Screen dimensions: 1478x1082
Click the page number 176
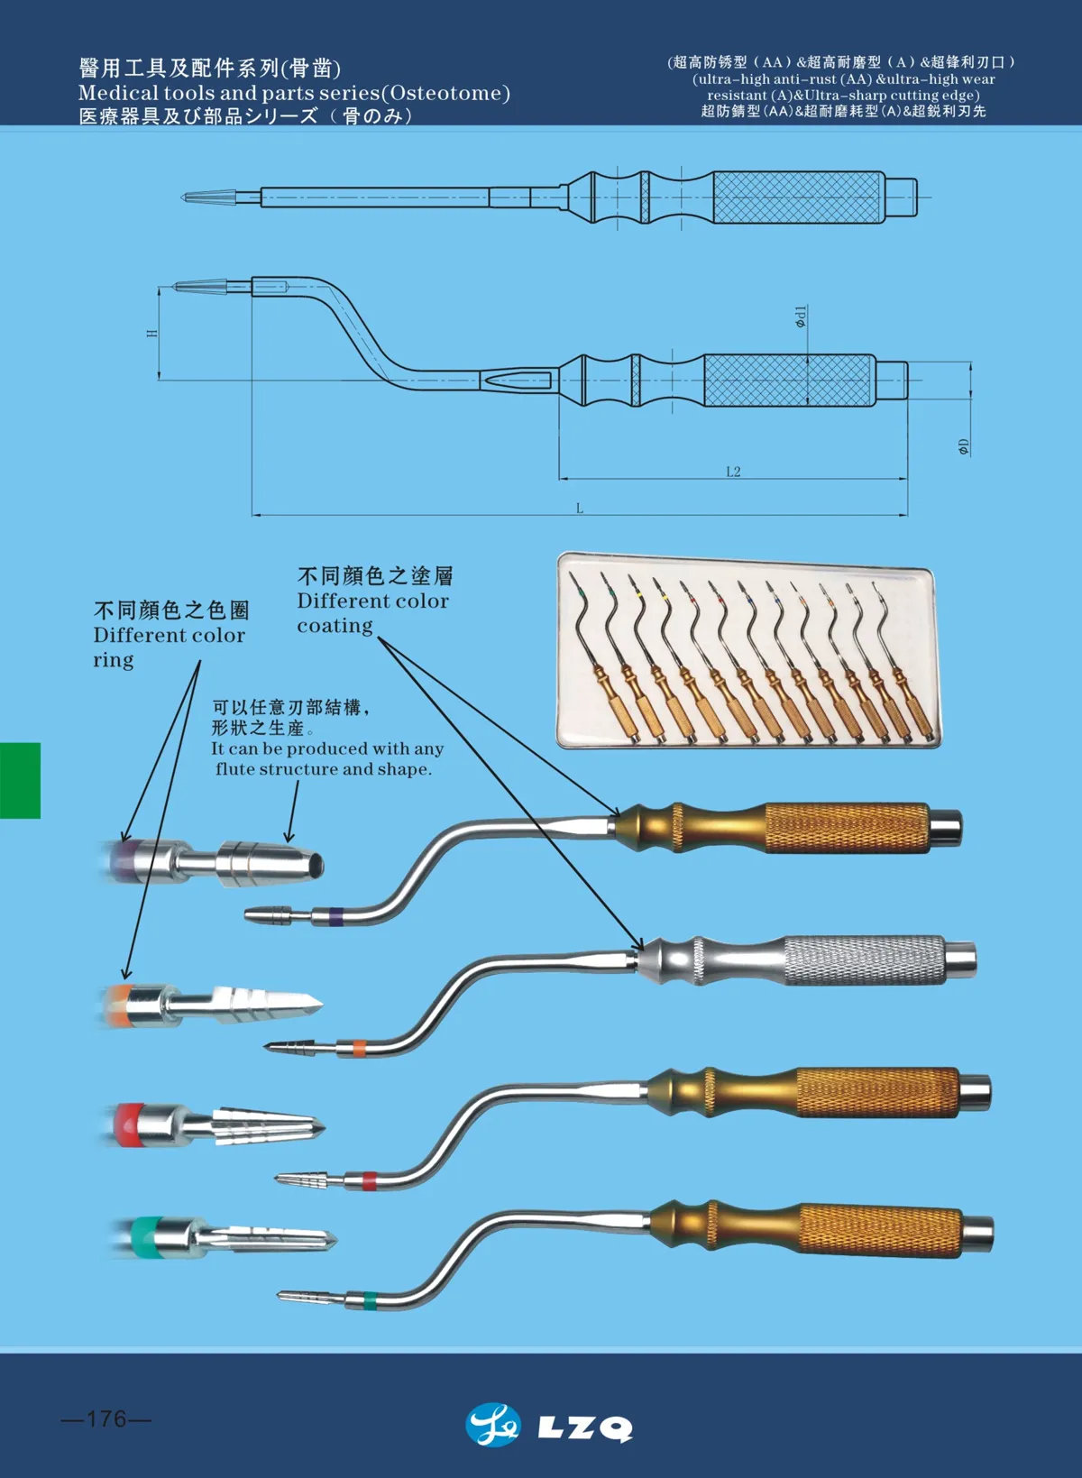click(x=106, y=1418)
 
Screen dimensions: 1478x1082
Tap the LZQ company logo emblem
click(x=493, y=1425)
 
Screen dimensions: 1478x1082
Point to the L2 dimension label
click(x=733, y=472)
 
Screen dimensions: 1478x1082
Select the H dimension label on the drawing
click(x=151, y=333)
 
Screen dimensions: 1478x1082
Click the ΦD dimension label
click(x=963, y=446)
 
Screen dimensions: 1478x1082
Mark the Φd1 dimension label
click(x=801, y=316)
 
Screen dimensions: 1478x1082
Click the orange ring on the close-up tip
click(x=118, y=1005)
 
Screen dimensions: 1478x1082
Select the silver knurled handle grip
click(x=864, y=959)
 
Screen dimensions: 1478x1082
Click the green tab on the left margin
click(x=20, y=780)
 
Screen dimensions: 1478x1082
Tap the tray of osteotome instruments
click(x=747, y=651)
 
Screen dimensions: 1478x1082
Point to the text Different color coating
click(x=372, y=612)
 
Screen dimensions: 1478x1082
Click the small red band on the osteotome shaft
click(x=369, y=1180)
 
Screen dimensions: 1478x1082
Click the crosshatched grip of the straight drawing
click(x=796, y=197)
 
